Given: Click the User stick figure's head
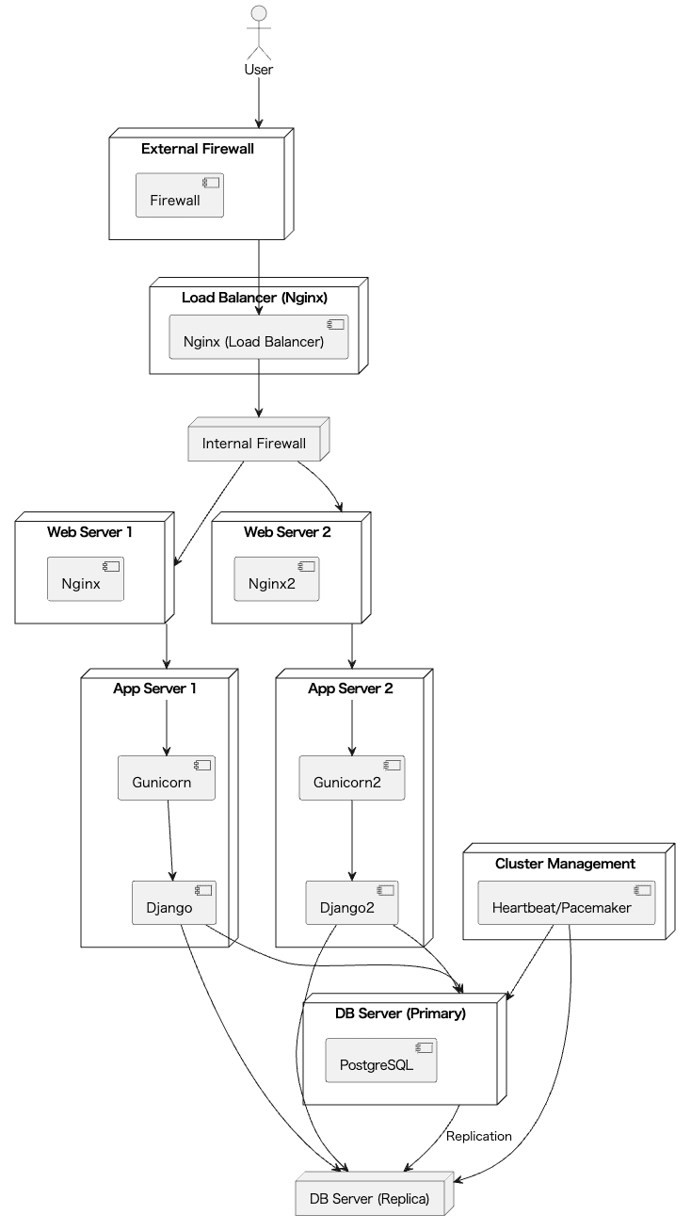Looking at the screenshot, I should point(258,13).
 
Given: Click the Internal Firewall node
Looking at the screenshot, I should point(254,443).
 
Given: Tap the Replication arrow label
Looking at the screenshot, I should point(479,1136).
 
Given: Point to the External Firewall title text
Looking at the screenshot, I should point(198,149).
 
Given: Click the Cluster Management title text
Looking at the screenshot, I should point(565,864).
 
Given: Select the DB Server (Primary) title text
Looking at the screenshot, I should point(400,1013).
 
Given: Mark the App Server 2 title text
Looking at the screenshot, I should point(350,688).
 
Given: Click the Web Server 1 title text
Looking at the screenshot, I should point(89,532).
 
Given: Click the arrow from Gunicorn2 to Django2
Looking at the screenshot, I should point(352,838).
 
